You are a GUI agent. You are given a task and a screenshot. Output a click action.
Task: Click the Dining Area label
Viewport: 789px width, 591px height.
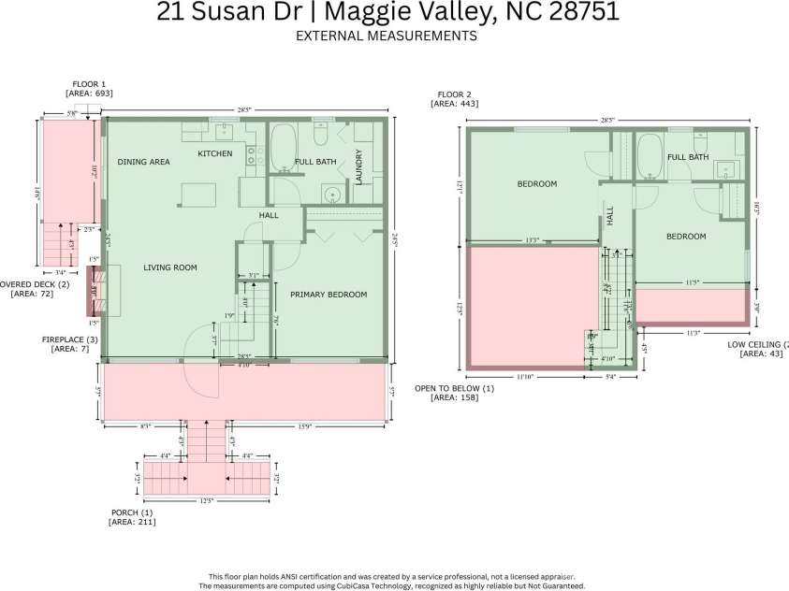(143, 162)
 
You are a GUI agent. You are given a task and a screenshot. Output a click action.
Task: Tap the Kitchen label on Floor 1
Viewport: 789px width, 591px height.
(214, 153)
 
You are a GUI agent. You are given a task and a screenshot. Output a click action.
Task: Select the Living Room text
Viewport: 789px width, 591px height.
(170, 268)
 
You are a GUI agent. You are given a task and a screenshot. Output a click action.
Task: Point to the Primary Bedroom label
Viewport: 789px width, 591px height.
(328, 295)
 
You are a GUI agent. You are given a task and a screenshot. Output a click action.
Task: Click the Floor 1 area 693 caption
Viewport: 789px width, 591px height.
(89, 89)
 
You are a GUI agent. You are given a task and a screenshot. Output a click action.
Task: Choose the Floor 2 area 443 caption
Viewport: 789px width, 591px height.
(455, 99)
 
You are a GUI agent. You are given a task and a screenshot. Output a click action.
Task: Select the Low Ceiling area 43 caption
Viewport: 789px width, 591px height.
(758, 349)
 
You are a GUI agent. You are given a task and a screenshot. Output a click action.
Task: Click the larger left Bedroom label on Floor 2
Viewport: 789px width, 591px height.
(536, 184)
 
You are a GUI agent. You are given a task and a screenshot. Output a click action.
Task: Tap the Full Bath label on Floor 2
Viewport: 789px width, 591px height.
(687, 157)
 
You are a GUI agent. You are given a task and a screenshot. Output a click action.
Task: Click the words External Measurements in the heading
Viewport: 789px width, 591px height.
(386, 36)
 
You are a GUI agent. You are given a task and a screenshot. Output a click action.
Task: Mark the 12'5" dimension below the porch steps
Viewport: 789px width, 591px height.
(207, 500)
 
